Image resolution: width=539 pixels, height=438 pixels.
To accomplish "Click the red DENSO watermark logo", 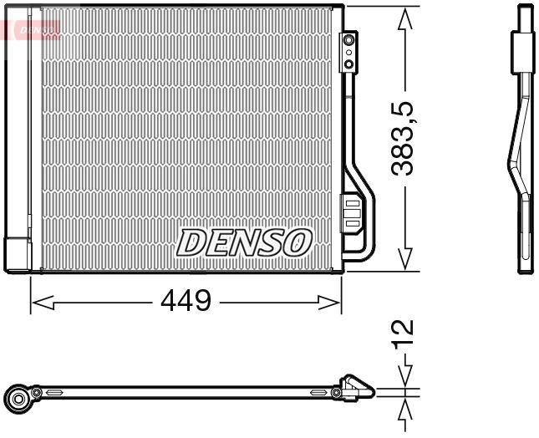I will click(x=31, y=29).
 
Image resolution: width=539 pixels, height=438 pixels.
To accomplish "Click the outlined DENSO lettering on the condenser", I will click(x=243, y=242).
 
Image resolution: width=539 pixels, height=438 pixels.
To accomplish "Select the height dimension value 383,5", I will click(x=405, y=139).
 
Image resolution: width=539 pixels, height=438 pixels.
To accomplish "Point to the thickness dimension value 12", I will click(x=404, y=332).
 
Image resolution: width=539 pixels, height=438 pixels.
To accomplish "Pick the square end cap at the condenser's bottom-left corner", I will click(x=17, y=254).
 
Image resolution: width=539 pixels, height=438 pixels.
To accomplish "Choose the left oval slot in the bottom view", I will click(x=54, y=392).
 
